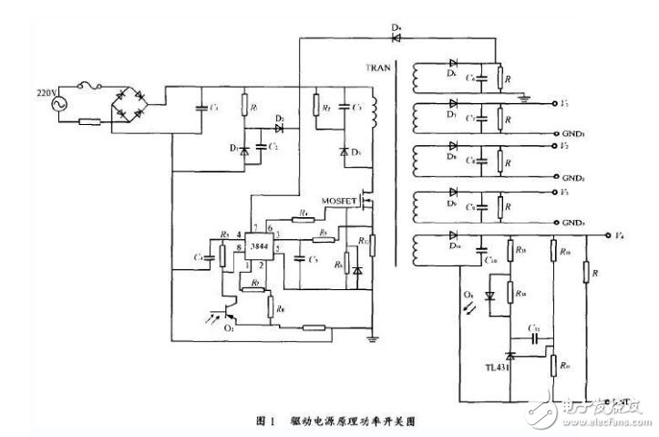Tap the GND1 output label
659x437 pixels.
[x=578, y=133]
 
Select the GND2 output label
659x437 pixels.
[x=578, y=177]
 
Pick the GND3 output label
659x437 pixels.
[x=578, y=222]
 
